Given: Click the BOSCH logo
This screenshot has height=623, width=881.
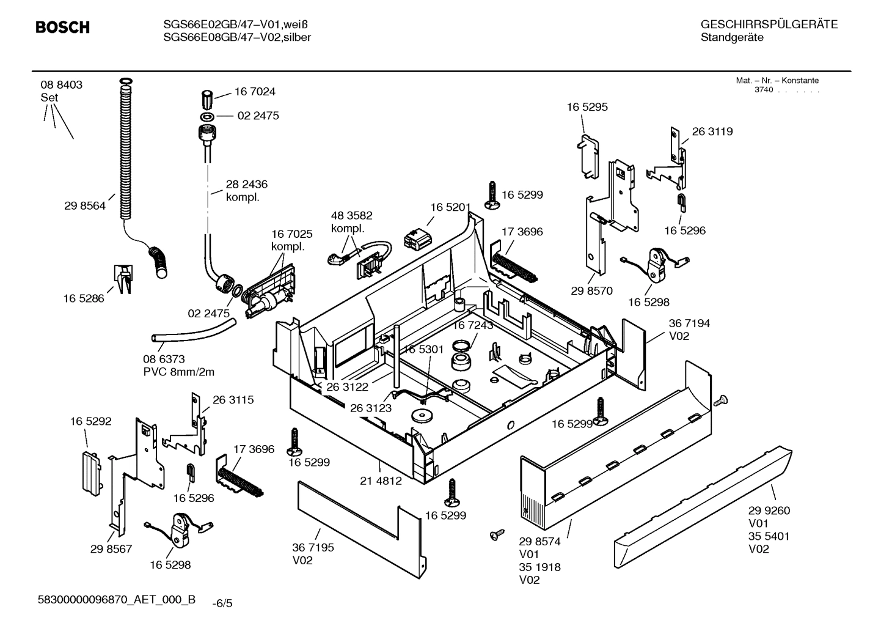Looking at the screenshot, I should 62,28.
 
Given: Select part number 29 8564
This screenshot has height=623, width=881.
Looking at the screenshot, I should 84,206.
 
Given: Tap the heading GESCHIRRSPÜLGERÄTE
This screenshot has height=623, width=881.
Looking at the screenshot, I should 769,24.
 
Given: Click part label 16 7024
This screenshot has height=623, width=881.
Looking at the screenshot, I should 255,92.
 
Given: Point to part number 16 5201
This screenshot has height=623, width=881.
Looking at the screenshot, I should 450,208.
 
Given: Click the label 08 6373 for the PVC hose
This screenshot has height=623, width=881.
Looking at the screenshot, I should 164,359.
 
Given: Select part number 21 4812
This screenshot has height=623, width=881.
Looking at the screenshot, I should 381,481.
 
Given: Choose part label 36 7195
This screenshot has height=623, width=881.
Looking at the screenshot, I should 313,548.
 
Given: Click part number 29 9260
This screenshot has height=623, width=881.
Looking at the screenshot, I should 769,511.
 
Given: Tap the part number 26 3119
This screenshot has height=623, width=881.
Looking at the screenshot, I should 712,131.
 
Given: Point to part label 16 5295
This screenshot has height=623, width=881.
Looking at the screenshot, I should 587,107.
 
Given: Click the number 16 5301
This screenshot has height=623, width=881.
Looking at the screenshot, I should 423,349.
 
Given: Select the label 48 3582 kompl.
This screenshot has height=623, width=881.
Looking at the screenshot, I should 351,216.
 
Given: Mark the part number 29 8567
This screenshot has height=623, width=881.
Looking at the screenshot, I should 111,550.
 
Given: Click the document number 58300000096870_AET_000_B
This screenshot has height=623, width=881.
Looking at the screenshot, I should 117,600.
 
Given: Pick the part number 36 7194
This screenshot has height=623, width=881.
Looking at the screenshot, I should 689,323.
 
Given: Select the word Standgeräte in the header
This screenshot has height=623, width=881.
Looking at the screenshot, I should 732,37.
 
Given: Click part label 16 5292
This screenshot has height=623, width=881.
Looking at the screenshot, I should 90,421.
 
